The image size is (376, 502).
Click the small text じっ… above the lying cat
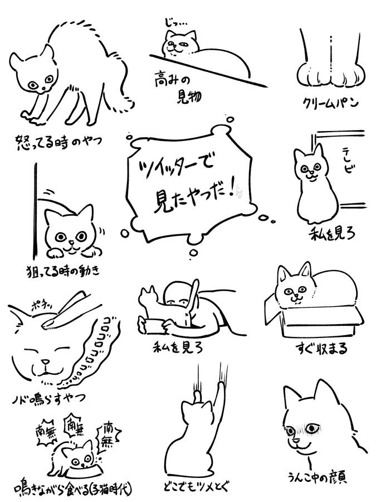pyautogui.click(x=174, y=23)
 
